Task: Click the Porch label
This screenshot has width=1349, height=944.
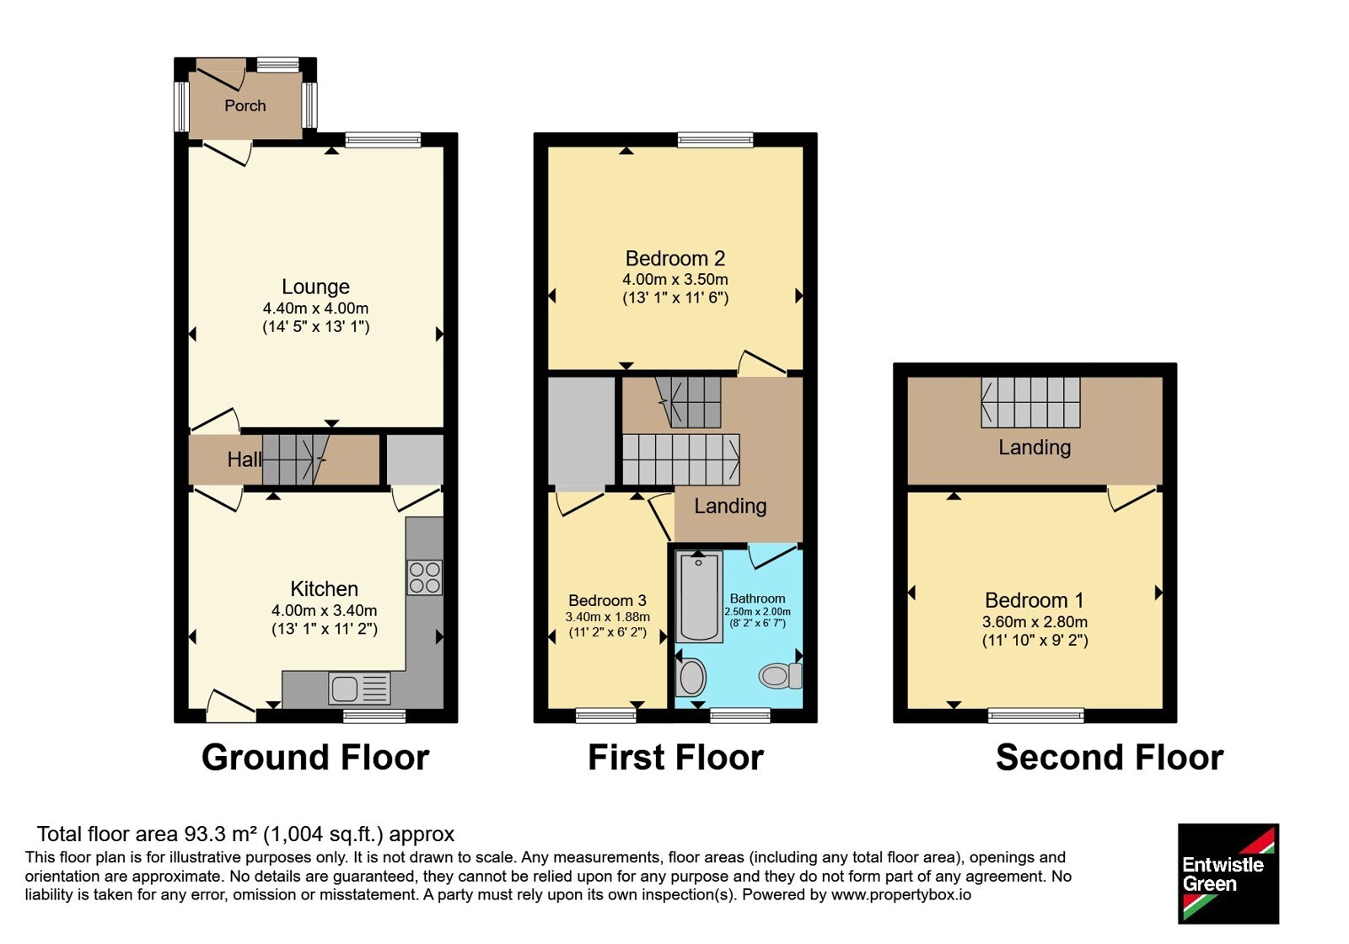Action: tap(245, 106)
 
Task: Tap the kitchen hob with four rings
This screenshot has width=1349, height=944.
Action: tap(425, 577)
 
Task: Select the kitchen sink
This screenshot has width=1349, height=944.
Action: tap(359, 688)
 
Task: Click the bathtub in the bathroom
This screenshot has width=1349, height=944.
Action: tap(699, 598)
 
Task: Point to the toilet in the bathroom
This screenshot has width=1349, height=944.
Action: tap(780, 676)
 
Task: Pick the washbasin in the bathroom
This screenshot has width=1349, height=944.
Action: tap(691, 677)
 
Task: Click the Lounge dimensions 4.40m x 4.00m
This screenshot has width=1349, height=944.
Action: tap(315, 308)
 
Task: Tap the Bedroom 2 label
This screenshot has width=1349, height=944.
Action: tap(675, 258)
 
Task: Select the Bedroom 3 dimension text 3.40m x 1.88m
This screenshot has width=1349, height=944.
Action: tap(607, 616)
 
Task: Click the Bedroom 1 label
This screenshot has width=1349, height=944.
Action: tap(1034, 600)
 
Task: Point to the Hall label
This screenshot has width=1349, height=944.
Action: tap(244, 460)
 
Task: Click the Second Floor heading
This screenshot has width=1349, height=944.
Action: tap(1110, 757)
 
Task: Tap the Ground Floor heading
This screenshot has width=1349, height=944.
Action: tap(315, 757)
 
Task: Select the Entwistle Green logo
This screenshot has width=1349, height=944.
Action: tap(1228, 873)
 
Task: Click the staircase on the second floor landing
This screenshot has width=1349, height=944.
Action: tap(1030, 402)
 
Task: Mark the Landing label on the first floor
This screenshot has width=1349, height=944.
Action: tap(730, 507)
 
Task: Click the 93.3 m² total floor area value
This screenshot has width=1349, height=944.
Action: tap(220, 834)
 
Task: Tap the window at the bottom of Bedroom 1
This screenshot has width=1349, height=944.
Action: tap(1036, 716)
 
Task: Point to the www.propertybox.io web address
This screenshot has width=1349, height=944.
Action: tap(901, 894)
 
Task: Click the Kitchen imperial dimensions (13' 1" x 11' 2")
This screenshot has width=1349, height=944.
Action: tap(325, 629)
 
